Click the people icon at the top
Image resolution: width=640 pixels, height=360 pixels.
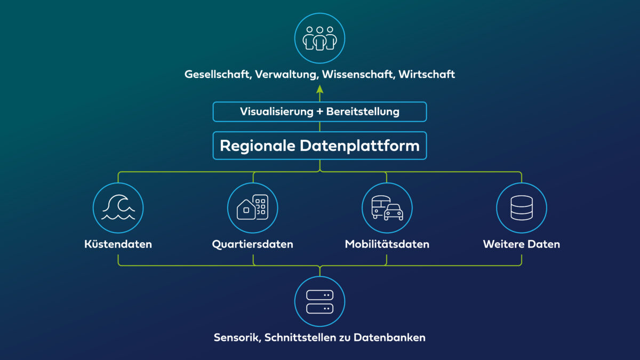tap(320, 38)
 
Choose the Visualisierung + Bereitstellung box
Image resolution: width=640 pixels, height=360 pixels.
tap(320, 112)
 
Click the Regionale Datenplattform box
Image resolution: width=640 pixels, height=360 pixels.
tap(320, 145)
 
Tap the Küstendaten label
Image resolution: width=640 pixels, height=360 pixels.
tap(118, 245)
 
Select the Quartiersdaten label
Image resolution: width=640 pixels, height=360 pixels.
tap(253, 245)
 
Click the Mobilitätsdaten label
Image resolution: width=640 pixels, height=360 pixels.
tap(387, 245)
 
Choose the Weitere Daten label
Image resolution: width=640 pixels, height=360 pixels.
tap(522, 245)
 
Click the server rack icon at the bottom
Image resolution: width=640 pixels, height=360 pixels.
tap(320, 301)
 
